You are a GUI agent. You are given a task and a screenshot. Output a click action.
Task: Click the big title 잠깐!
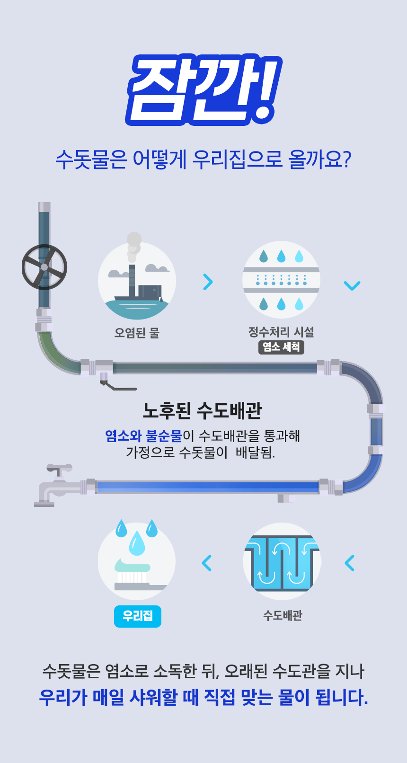203,90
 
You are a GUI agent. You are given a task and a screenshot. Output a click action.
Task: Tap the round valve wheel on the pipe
44,267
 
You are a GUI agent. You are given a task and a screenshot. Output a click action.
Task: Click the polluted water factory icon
137,281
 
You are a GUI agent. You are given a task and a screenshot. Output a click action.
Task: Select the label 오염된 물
137,333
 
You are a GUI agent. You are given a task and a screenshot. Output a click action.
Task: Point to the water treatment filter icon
281,280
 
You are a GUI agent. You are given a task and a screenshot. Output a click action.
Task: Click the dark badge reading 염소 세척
281,347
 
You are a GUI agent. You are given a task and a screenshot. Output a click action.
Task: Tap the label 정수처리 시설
281,332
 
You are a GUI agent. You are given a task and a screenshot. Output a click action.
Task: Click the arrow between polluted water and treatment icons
208,282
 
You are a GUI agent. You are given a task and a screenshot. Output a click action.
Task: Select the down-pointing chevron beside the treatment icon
352,285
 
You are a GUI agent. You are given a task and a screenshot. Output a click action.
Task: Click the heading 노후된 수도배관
202,410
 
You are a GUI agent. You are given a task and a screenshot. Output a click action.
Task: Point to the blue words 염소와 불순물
143,435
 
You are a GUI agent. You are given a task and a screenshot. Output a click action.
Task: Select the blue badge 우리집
138,616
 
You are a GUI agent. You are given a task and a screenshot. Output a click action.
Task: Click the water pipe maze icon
282,562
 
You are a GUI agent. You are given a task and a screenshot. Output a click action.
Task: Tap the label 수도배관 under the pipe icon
283,615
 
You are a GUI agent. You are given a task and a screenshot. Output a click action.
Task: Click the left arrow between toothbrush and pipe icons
207,563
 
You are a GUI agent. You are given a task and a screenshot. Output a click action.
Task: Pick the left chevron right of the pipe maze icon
350,563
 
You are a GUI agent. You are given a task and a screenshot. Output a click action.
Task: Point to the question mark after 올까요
346,160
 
